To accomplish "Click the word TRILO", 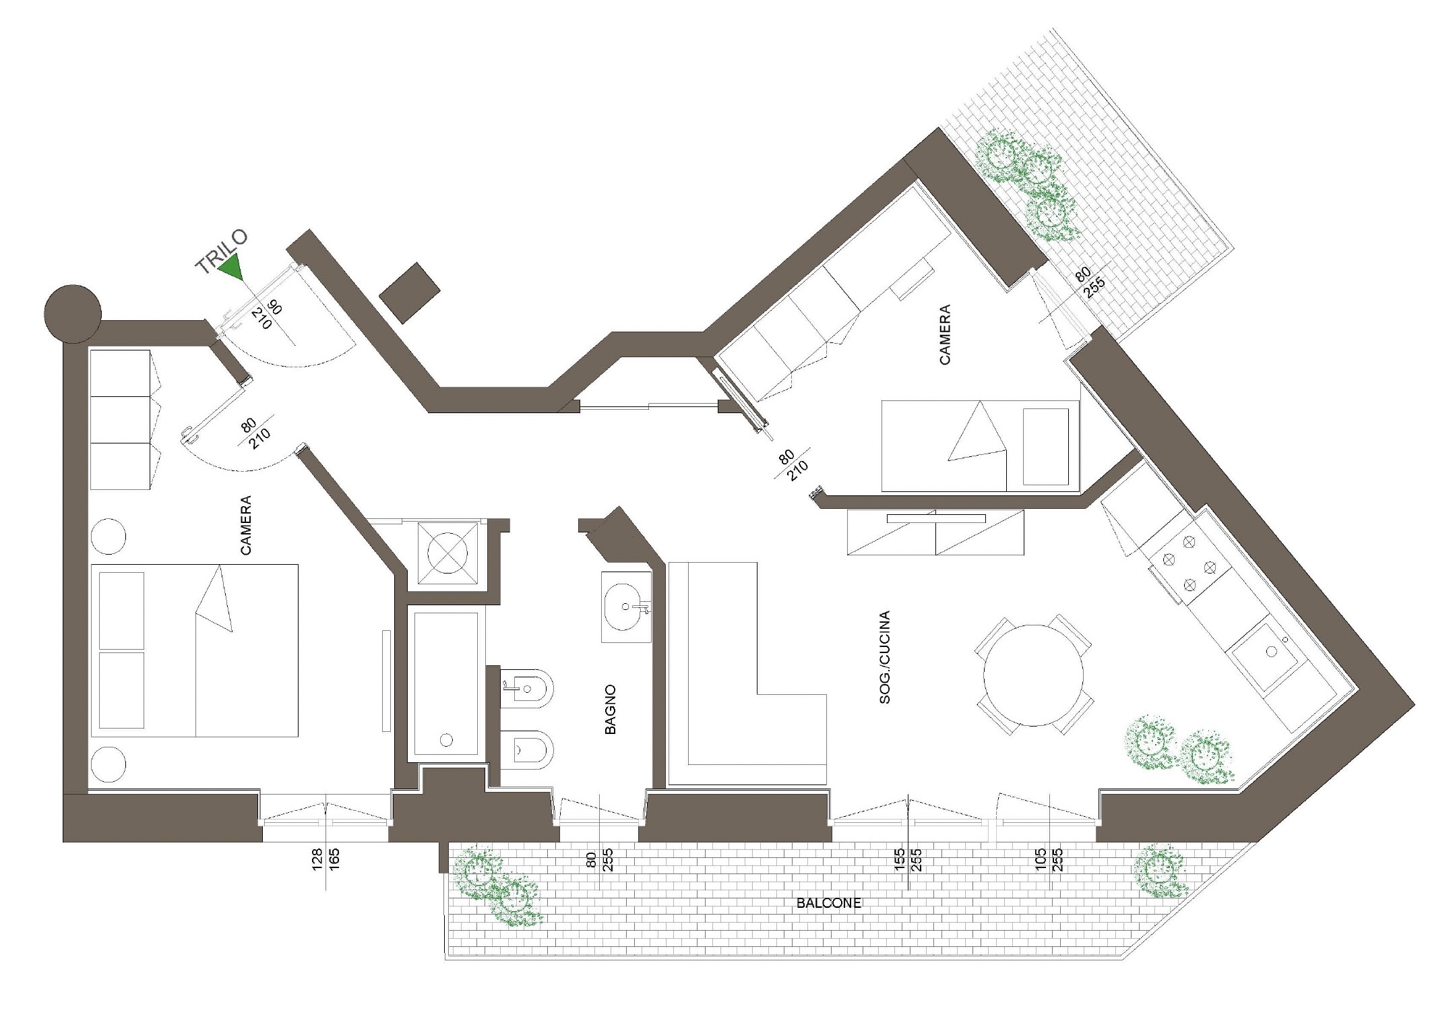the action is [x=221, y=253].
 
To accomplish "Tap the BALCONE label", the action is [x=828, y=904].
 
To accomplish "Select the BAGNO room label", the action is [x=610, y=710].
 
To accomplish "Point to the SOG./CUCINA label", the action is [x=885, y=657].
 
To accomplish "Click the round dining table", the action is [x=1033, y=675].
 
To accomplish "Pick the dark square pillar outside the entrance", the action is [x=410, y=293].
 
